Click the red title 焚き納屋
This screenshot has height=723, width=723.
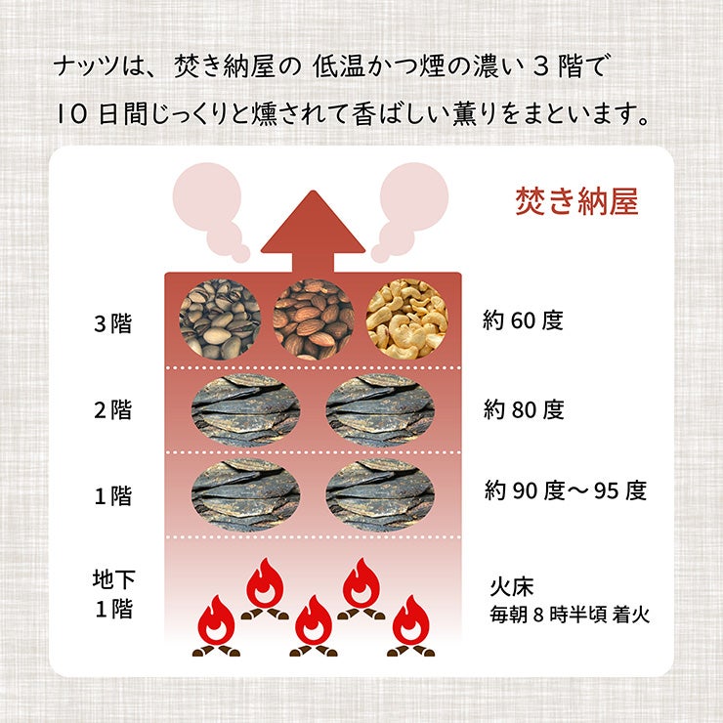click(576, 201)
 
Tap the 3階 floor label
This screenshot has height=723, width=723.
click(113, 323)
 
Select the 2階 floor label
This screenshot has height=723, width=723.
click(113, 409)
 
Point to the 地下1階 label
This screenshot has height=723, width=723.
click(114, 594)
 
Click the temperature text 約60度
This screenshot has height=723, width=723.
click(523, 320)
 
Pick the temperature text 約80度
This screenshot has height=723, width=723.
click(524, 409)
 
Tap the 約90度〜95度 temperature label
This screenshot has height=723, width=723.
click(566, 490)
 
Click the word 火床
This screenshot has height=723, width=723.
click(511, 586)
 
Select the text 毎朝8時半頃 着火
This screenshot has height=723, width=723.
click(570, 615)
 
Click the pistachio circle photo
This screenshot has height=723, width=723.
click(220, 319)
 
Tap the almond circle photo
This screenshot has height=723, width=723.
click(314, 319)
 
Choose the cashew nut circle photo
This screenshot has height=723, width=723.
click(407, 319)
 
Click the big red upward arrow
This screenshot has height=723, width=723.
click(313, 231)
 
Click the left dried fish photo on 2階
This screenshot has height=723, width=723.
click(246, 410)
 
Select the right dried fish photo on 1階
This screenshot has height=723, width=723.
click(380, 495)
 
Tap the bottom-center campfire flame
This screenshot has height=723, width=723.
click(314, 625)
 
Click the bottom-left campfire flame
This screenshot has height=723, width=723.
click(216, 625)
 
